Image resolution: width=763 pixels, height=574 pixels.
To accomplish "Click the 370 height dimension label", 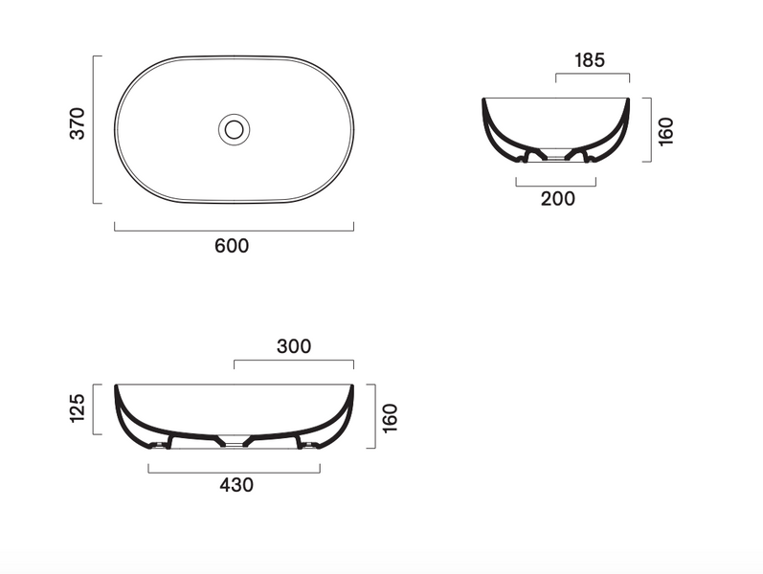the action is point(78,123).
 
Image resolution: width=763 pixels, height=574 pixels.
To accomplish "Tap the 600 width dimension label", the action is point(232,246).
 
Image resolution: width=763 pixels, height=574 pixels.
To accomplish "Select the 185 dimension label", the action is point(590,60).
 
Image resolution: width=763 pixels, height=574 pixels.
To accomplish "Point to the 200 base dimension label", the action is point(558,198).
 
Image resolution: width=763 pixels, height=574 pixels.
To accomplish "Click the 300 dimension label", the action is point(294,346).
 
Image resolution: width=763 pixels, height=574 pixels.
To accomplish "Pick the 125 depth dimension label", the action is point(78,408).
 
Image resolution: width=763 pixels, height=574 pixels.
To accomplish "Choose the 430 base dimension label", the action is point(236,485).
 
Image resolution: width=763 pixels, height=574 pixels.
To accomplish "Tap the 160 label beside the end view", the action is point(665,131).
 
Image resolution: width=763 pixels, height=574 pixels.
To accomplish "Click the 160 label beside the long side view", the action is point(390,418).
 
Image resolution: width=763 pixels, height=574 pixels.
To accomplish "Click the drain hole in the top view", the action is point(234,129).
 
